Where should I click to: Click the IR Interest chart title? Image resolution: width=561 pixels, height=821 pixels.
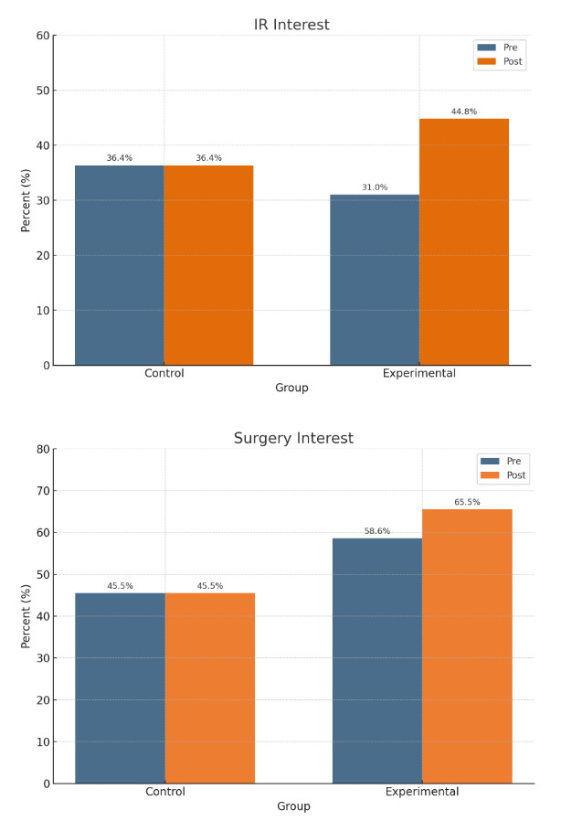coord(291,25)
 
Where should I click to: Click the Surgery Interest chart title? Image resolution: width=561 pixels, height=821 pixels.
coord(293,438)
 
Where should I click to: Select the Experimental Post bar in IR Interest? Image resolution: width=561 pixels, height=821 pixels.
coord(464,241)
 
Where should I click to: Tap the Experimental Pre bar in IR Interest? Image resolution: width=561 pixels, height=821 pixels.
coord(375,280)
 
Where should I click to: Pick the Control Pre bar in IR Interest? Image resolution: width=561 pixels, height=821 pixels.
coord(120,265)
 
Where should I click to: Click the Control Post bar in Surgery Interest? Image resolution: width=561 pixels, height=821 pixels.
coord(210,688)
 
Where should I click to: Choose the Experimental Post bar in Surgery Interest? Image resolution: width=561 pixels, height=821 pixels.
coord(467,645)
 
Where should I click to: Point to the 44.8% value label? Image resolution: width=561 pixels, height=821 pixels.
coord(464,112)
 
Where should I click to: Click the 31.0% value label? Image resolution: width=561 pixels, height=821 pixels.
coord(375,187)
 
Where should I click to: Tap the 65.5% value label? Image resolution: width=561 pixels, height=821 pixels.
coord(467,502)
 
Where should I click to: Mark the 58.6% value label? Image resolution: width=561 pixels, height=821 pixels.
coord(376,530)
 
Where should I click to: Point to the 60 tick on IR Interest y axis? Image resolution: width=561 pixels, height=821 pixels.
coord(43,36)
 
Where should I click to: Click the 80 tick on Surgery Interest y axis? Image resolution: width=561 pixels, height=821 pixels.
coord(43,449)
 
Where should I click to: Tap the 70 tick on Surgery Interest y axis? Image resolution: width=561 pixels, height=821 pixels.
coord(43,491)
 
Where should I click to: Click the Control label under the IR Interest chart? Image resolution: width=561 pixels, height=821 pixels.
coord(164,373)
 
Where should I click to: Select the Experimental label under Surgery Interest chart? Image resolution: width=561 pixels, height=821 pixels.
coord(422,791)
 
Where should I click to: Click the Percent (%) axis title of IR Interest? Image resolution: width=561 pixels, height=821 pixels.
coord(26,199)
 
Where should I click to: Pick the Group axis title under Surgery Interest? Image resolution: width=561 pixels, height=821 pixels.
coord(293,806)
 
